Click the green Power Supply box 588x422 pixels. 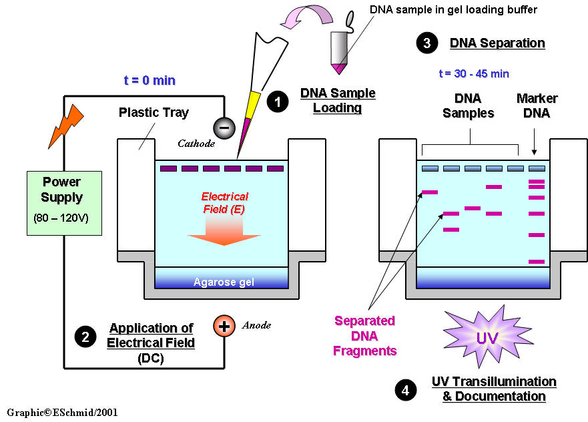(64, 203)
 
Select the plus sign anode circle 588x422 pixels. (224, 327)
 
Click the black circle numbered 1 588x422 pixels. (276, 101)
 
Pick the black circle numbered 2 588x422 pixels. (85, 337)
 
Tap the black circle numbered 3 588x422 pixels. (426, 43)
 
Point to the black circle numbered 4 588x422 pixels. (404, 389)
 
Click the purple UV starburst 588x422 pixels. (486, 337)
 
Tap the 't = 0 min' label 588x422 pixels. (150, 80)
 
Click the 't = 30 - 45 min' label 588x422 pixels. (474, 73)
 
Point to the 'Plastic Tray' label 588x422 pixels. (154, 112)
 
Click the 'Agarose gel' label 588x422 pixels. (224, 282)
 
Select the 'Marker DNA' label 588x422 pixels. (537, 105)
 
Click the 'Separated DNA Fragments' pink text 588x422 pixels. (365, 336)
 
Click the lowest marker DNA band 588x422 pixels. (537, 262)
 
